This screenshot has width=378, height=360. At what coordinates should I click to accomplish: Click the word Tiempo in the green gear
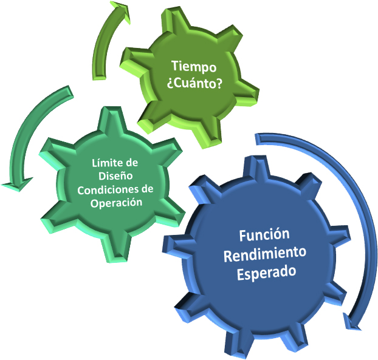tap(194, 66)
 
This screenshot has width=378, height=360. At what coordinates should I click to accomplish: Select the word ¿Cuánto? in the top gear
tap(194, 84)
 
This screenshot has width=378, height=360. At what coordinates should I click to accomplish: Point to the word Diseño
tap(115, 176)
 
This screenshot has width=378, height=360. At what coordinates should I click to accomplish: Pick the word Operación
tap(117, 203)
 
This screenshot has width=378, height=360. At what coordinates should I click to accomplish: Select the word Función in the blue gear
tap(264, 235)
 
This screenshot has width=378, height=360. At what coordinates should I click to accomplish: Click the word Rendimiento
tap(265, 254)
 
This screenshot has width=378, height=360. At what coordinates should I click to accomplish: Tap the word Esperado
tap(266, 273)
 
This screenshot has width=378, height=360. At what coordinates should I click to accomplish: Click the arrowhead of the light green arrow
tap(120, 11)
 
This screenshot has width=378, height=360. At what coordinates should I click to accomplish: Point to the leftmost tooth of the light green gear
tap(134, 59)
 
